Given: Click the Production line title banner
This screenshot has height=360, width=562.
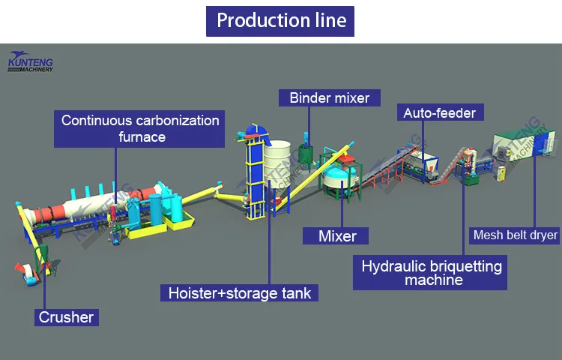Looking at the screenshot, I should pyautogui.click(x=280, y=20).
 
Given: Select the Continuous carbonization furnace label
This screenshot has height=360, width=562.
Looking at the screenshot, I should pyautogui.click(x=140, y=128).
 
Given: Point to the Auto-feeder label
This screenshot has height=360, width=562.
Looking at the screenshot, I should pyautogui.click(x=440, y=113).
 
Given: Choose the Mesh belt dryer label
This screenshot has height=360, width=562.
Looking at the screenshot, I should pyautogui.click(x=516, y=235).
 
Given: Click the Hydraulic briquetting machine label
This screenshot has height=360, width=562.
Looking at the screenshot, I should pyautogui.click(x=432, y=273).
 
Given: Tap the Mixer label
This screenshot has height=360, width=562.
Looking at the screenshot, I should pyautogui.click(x=337, y=236).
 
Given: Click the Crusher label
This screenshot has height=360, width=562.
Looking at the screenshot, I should pyautogui.click(x=67, y=317).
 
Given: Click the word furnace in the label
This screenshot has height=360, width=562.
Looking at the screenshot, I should pyautogui.click(x=142, y=137).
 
